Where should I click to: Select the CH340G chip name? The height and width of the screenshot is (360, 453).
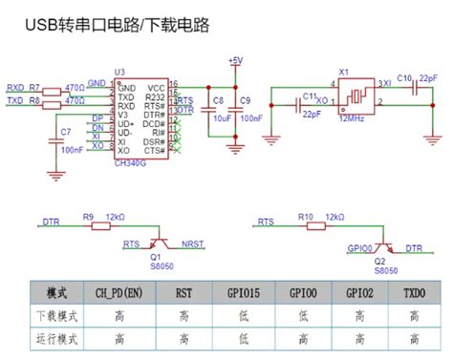click(131, 161)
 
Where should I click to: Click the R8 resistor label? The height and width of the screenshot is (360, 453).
click(35, 99)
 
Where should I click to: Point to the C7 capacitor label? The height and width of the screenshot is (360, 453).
click(65, 131)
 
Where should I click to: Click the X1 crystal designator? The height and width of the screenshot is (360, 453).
click(344, 72)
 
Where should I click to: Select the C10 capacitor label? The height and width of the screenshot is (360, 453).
click(403, 78)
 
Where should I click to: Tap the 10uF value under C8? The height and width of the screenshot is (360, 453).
click(219, 118)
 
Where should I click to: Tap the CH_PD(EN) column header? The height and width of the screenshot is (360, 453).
click(119, 292)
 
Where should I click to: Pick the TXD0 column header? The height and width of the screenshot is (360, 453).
click(415, 292)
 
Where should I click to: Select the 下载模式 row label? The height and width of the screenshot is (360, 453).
click(52, 315)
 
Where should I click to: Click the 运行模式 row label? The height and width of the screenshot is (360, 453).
click(52, 338)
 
